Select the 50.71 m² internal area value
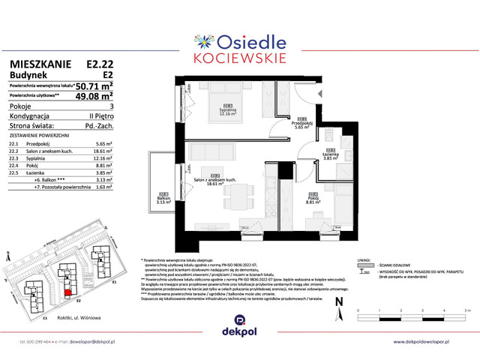point(94,86)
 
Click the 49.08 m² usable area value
point(94,96)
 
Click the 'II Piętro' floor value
point(100,116)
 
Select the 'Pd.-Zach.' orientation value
point(99,126)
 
